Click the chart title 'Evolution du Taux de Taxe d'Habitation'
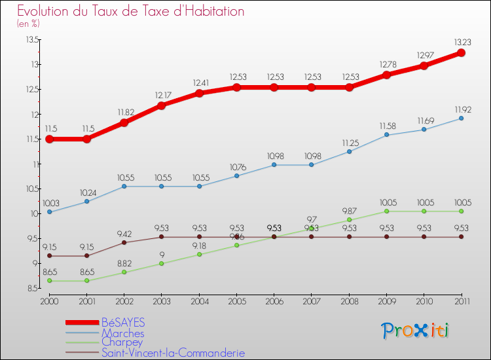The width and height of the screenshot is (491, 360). click(131, 12)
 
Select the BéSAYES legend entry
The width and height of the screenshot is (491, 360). click(123, 323)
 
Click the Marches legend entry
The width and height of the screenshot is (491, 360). click(122, 333)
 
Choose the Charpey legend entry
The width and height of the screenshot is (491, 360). click(122, 343)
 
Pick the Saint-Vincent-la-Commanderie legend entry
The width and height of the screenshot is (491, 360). click(173, 353)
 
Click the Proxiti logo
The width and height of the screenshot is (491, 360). click(415, 331)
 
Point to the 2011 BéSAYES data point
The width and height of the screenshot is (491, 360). click(461, 52)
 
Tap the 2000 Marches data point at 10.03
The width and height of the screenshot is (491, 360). click(49, 212)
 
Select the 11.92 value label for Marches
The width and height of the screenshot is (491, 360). click(461, 109)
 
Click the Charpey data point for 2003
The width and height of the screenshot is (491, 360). click(162, 263)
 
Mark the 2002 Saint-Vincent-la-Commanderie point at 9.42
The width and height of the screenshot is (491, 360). click(124, 242)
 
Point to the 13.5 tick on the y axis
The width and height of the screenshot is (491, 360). click(29, 39)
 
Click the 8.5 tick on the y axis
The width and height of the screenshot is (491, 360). click(31, 288)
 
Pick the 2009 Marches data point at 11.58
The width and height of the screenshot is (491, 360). click(386, 135)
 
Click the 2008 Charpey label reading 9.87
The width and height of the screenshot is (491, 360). click(349, 211)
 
